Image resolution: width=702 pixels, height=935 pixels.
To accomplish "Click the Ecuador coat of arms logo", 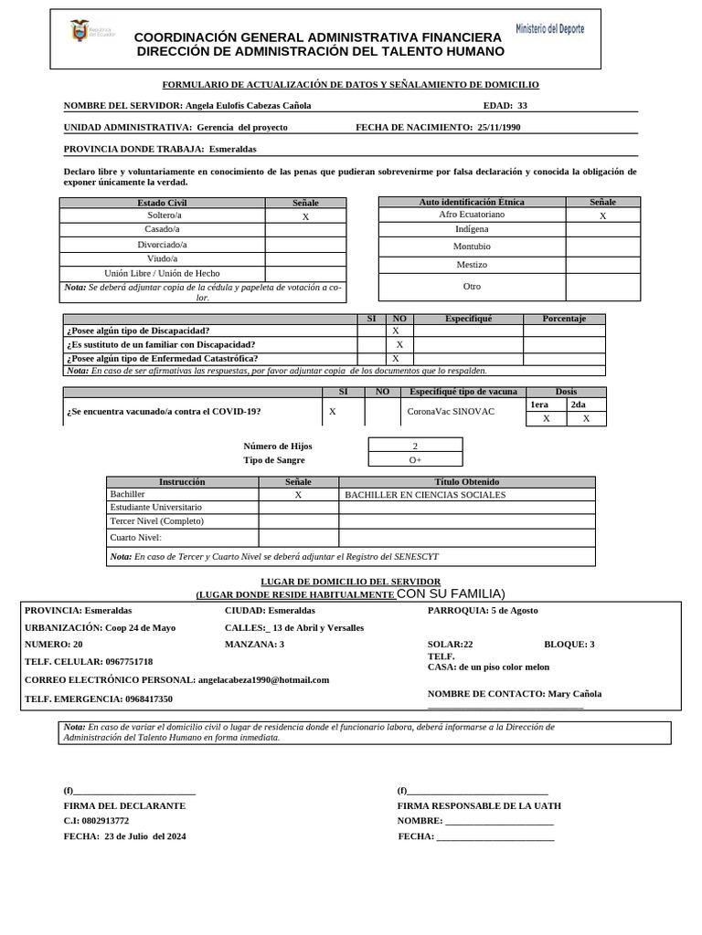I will [x=80, y=33].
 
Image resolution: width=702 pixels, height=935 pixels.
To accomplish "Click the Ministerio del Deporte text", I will [x=549, y=29].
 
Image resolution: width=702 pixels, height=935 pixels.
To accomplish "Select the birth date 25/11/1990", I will [x=499, y=128].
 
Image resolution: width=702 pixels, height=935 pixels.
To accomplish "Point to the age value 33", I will [x=522, y=105].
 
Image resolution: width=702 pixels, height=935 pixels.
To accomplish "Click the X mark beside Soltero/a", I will [x=305, y=217].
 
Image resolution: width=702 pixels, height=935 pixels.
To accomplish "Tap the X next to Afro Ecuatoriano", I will [x=602, y=216].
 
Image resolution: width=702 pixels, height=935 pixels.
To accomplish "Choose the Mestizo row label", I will [x=472, y=265].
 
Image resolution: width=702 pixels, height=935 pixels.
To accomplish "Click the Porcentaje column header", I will [x=564, y=319].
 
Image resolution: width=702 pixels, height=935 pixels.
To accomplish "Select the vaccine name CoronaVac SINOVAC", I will [x=451, y=412].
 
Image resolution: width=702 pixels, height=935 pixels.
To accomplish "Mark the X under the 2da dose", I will [x=586, y=418].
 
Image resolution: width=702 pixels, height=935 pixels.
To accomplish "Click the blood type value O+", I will [x=415, y=460].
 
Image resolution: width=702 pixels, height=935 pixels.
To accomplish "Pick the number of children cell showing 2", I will [x=415, y=446].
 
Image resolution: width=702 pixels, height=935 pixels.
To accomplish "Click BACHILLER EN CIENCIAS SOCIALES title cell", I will [x=425, y=495].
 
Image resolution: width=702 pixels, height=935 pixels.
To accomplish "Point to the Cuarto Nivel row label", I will [x=135, y=538].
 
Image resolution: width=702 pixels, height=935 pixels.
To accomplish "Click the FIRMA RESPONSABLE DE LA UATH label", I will [x=479, y=806].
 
